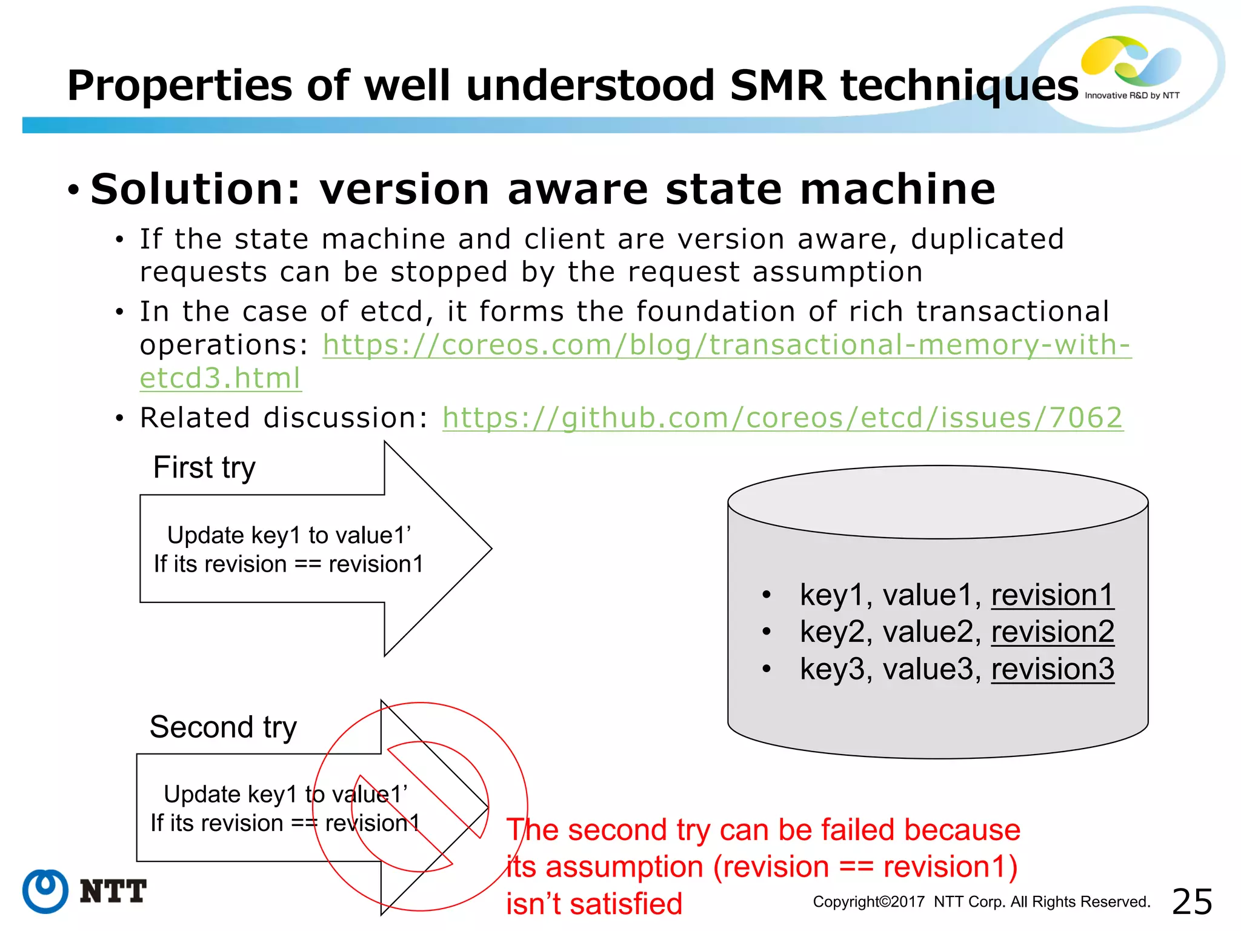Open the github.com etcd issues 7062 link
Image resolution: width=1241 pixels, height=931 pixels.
(x=782, y=418)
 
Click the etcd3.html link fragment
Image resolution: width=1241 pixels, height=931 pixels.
(x=220, y=379)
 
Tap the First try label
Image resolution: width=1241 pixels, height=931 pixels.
(x=204, y=468)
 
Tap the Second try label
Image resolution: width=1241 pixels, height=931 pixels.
(x=223, y=727)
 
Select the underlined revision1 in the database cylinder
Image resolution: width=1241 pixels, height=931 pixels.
(x=1052, y=595)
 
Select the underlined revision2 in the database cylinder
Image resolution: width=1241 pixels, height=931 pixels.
(x=1052, y=632)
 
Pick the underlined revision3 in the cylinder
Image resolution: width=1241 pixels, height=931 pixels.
(x=1052, y=669)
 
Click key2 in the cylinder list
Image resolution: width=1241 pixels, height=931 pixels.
(x=831, y=632)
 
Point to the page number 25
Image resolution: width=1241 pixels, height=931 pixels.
(x=1192, y=902)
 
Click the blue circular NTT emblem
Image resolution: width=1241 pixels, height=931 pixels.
(x=45, y=891)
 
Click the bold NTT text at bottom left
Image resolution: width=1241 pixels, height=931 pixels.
(x=113, y=892)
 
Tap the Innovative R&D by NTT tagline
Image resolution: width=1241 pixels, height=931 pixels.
(x=1131, y=96)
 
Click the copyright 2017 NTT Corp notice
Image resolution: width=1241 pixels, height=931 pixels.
(x=981, y=902)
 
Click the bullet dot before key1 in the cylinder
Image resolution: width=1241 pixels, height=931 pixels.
(x=767, y=595)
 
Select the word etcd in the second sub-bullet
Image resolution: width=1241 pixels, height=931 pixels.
(x=391, y=312)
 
